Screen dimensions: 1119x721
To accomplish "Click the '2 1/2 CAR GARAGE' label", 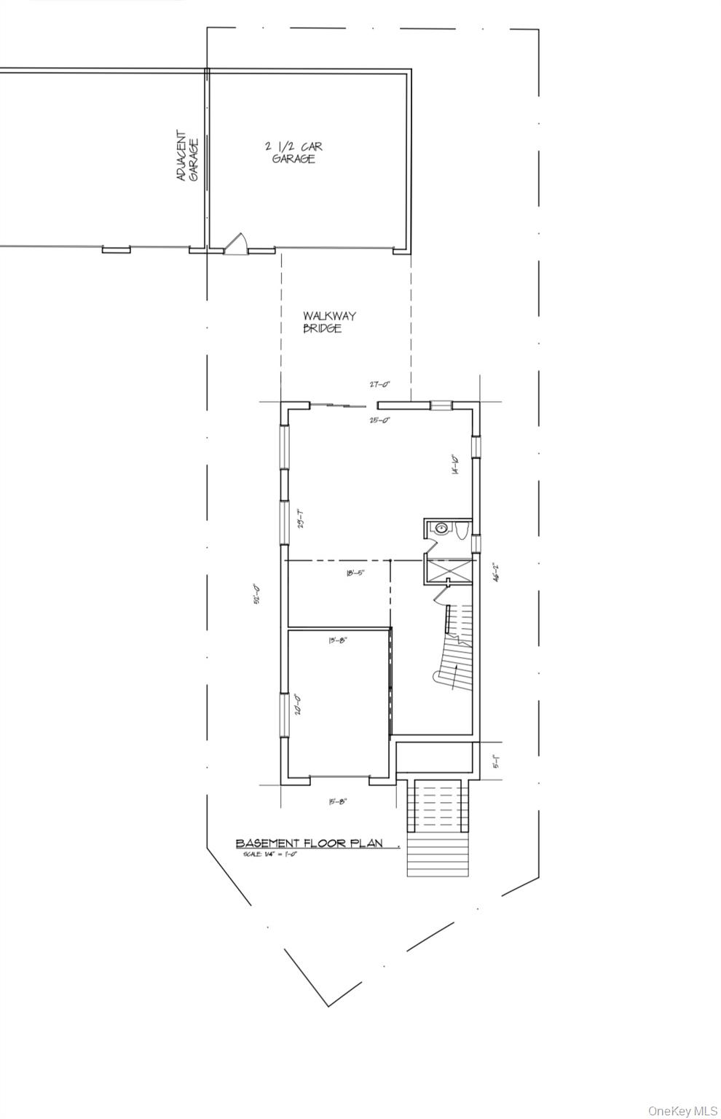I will (x=293, y=153).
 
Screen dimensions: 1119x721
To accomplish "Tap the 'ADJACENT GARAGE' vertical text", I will (x=187, y=156).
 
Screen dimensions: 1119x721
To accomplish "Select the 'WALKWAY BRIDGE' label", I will (x=329, y=322).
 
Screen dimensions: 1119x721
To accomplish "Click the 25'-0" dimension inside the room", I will (x=379, y=420).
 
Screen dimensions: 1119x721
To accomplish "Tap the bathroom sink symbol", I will (x=441, y=529).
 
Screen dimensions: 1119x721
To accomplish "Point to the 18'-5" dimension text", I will (x=355, y=573).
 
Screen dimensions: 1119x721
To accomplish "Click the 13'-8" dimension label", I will (x=338, y=640).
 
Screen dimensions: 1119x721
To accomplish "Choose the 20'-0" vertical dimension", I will (x=298, y=704).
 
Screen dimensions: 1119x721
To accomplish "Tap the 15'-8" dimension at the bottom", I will (x=338, y=801).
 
